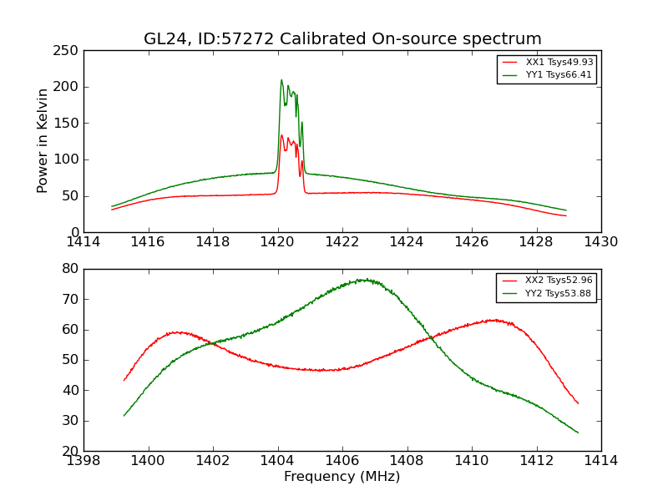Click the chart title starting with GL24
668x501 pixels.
[342, 39]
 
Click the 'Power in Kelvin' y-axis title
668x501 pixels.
[43, 140]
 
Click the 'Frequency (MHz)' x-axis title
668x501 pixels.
[342, 477]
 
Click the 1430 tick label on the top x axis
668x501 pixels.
[601, 242]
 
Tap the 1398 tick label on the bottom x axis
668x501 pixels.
[83, 461]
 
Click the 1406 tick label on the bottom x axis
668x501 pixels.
[342, 461]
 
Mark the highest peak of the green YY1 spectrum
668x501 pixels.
[281, 80]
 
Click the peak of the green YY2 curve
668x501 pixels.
[364, 280]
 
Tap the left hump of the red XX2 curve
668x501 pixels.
[180, 332]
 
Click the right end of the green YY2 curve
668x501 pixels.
[578, 433]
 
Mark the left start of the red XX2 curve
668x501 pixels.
[124, 380]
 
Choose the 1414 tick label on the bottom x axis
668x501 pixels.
[601, 461]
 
